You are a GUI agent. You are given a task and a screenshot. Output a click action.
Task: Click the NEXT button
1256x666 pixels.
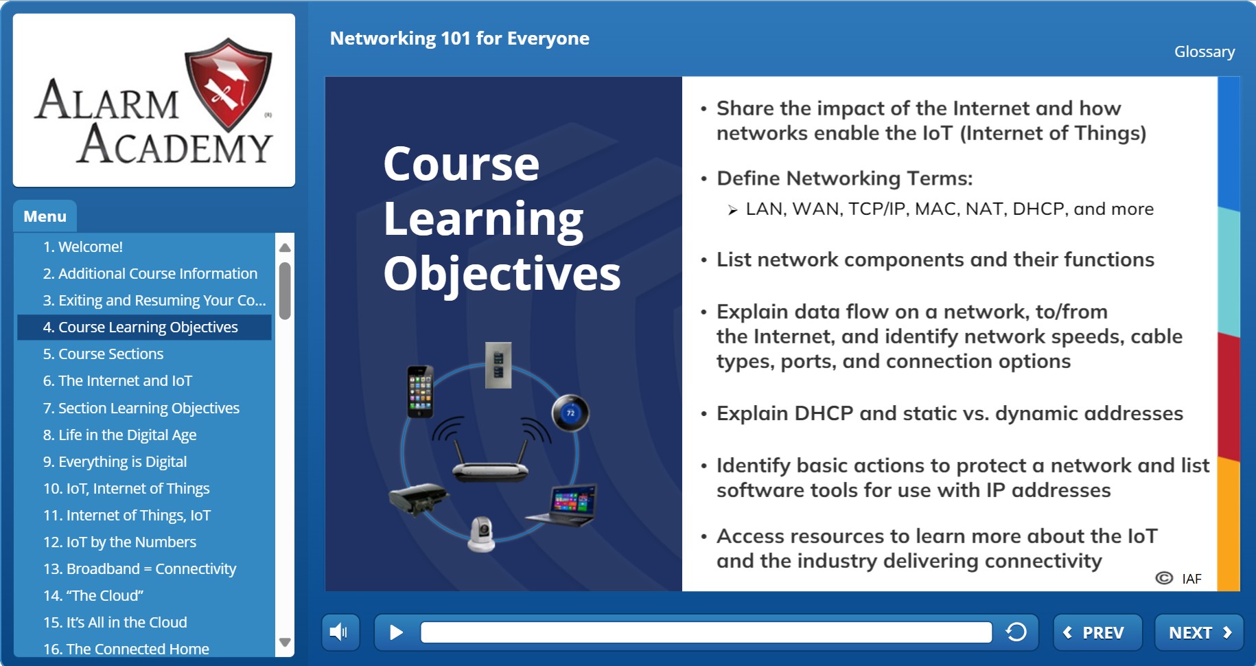1199,632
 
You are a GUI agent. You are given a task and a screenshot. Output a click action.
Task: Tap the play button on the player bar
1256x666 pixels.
396,632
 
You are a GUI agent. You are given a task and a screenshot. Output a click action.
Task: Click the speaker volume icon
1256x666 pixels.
340,632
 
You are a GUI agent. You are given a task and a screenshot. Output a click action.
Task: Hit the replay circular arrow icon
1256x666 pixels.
1016,632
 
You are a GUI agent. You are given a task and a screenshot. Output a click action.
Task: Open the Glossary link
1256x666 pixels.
1205,51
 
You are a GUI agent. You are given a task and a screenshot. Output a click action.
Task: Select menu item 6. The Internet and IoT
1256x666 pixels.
117,381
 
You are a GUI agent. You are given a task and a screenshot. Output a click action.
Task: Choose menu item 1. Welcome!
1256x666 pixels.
83,246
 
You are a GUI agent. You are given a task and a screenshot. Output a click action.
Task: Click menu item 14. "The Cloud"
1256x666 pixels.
93,595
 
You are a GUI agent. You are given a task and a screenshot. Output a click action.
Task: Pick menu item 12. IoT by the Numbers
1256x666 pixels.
119,542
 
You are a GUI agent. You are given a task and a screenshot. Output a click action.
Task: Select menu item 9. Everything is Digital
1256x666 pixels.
115,461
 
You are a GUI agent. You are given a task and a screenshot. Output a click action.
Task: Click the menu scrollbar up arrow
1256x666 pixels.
285,247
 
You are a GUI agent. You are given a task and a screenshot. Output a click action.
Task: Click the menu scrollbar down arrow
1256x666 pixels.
285,643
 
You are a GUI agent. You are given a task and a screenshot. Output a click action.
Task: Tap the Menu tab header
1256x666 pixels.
45,216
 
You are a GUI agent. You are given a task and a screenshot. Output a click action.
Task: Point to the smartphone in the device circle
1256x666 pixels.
420,391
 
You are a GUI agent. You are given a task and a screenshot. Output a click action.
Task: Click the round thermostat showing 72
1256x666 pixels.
570,413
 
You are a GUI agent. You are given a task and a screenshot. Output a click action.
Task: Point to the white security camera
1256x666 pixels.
481,534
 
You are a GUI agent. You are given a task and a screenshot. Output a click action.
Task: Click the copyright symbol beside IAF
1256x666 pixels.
1164,578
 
